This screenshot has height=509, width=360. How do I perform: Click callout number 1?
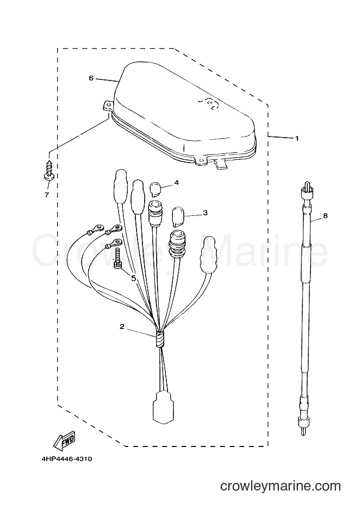pos(296,138)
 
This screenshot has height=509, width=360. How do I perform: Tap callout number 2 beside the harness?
pos(122,327)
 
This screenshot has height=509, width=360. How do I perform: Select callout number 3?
pos(205,213)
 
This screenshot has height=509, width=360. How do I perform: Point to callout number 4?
pos(177,183)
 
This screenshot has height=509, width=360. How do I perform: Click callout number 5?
pos(133,278)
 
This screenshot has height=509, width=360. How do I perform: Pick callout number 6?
pos(91,78)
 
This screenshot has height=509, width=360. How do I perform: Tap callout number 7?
pos(47,195)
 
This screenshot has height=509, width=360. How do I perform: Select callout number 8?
pos(325,215)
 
